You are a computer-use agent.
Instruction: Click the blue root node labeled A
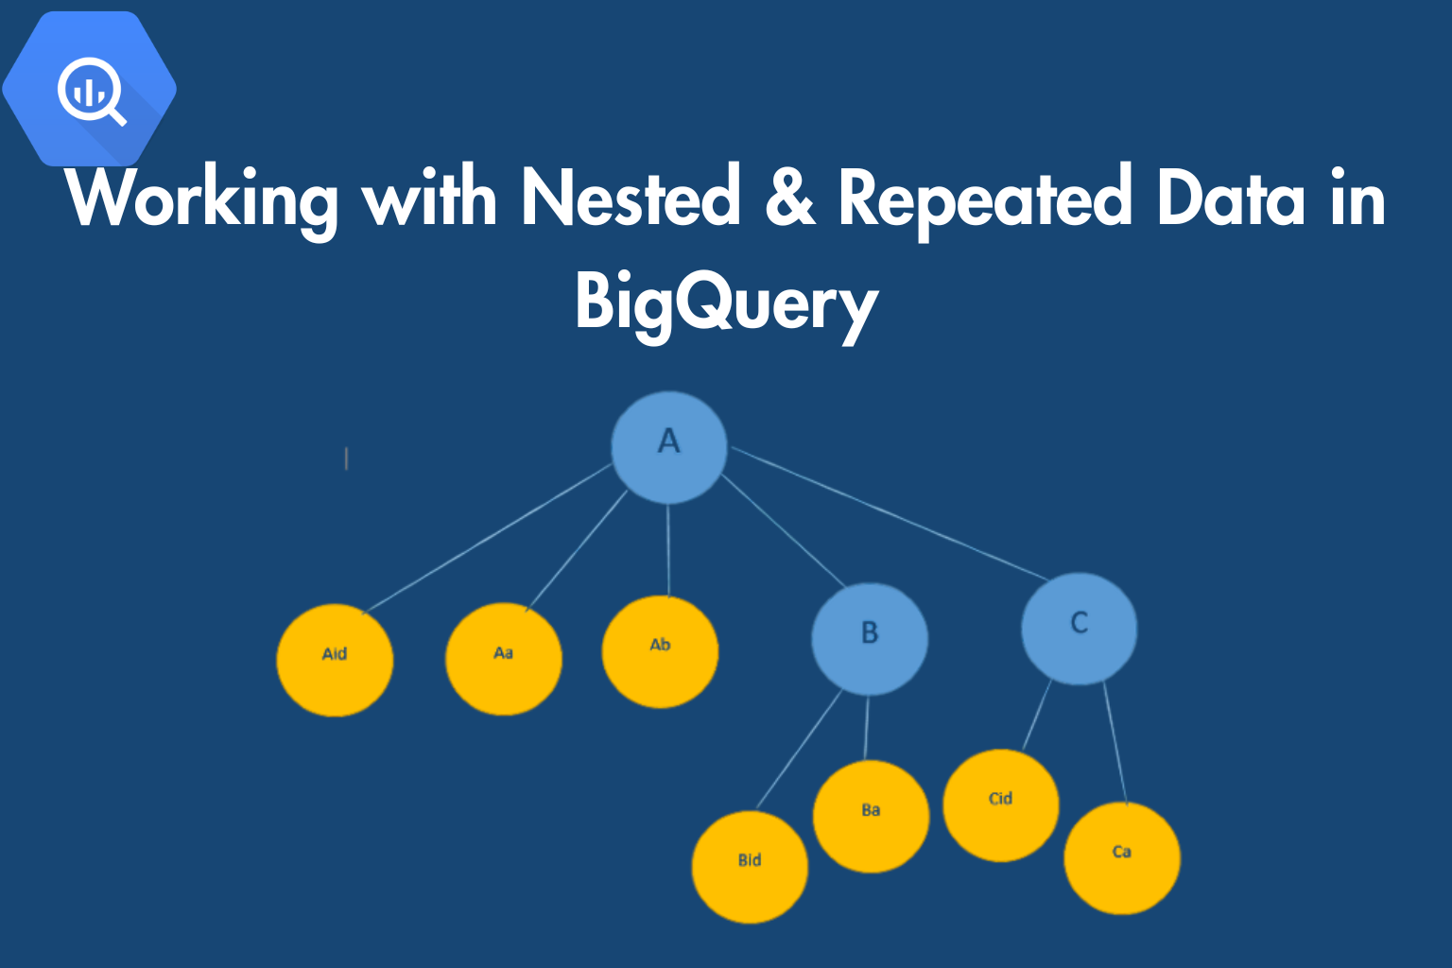click(x=669, y=447)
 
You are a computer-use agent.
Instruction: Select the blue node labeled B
click(x=870, y=639)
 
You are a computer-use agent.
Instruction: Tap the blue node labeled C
click(x=1080, y=629)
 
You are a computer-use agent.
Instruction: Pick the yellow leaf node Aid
click(x=335, y=660)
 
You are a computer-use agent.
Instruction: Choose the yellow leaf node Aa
click(x=504, y=659)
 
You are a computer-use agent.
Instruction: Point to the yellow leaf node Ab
click(x=660, y=651)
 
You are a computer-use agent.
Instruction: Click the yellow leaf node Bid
click(x=750, y=867)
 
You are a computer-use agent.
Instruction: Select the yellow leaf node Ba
click(x=872, y=817)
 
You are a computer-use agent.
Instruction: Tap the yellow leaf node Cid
click(x=1001, y=805)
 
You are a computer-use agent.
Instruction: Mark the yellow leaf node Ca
click(x=1122, y=858)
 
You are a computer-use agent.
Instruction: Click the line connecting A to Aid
click(x=488, y=538)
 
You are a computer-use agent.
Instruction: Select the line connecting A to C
click(x=889, y=513)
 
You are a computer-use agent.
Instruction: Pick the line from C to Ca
click(x=1115, y=743)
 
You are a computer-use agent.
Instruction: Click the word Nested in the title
click(x=631, y=197)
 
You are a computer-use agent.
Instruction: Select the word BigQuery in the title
click(x=727, y=304)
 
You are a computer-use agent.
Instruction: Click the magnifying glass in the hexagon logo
click(x=92, y=91)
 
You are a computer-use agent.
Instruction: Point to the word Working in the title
click(x=201, y=202)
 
